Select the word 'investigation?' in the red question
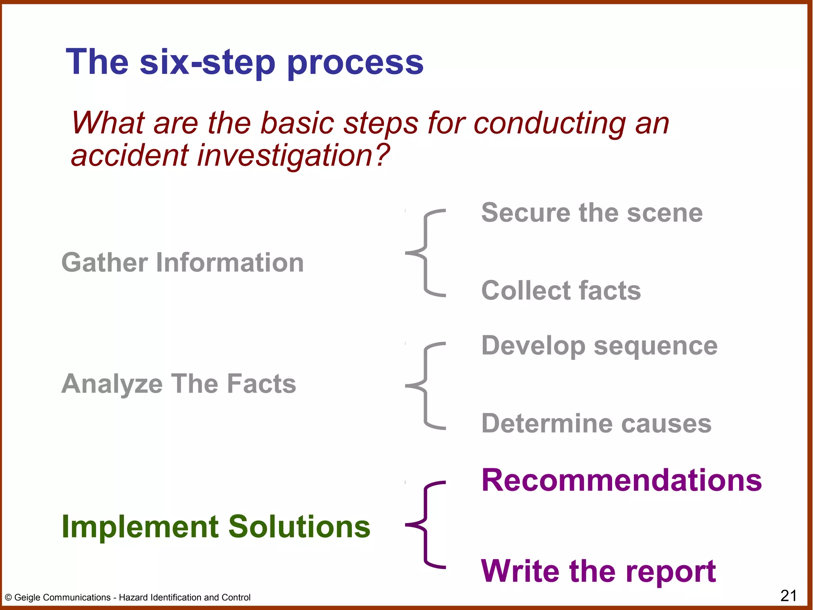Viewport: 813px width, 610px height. point(293,156)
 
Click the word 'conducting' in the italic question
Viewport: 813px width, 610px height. point(549,123)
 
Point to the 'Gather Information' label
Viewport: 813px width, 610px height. point(183,263)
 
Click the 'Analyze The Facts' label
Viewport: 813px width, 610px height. point(179,384)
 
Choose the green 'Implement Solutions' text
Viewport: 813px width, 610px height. point(216,527)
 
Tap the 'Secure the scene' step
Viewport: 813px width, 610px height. point(591,213)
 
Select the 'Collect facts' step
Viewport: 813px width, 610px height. point(561,290)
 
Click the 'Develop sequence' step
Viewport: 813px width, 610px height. point(599,346)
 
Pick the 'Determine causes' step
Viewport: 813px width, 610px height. point(596,423)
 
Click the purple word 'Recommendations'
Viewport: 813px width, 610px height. point(621,480)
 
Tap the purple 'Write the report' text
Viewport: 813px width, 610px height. point(598,571)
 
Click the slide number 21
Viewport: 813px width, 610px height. point(788,596)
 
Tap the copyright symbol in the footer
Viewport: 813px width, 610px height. point(8,598)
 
